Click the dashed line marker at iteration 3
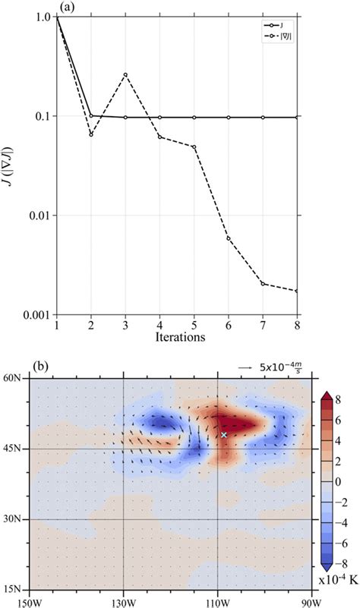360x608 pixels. (125, 74)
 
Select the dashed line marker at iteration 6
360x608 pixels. (229, 238)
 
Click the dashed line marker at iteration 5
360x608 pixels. (194, 146)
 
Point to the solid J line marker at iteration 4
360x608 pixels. (159, 117)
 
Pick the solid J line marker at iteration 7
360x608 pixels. (263, 117)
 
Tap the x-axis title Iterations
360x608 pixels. (177, 338)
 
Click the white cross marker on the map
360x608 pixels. (224, 435)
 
